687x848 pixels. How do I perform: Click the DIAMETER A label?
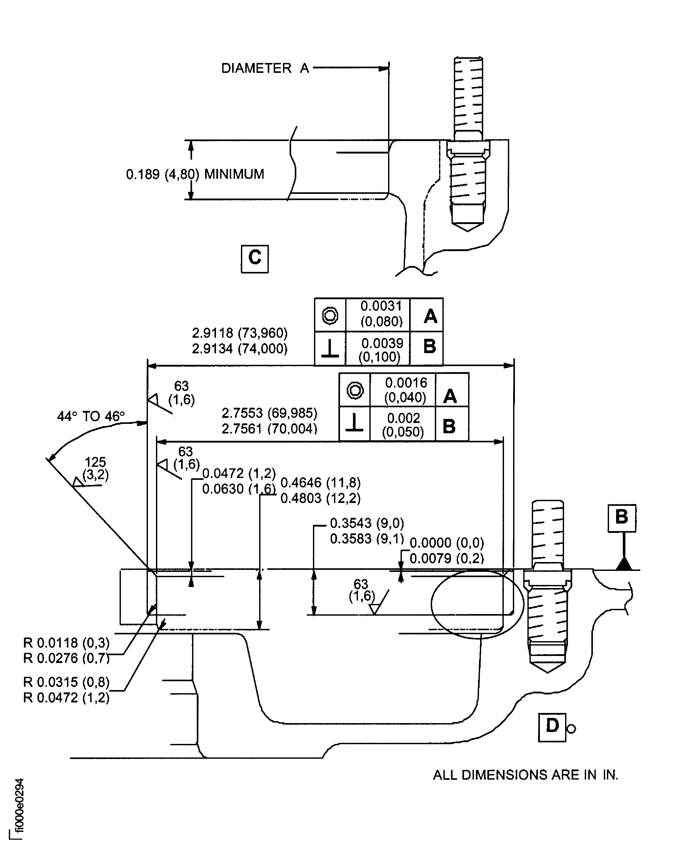point(265,68)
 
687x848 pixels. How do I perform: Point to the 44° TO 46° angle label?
point(91,416)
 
